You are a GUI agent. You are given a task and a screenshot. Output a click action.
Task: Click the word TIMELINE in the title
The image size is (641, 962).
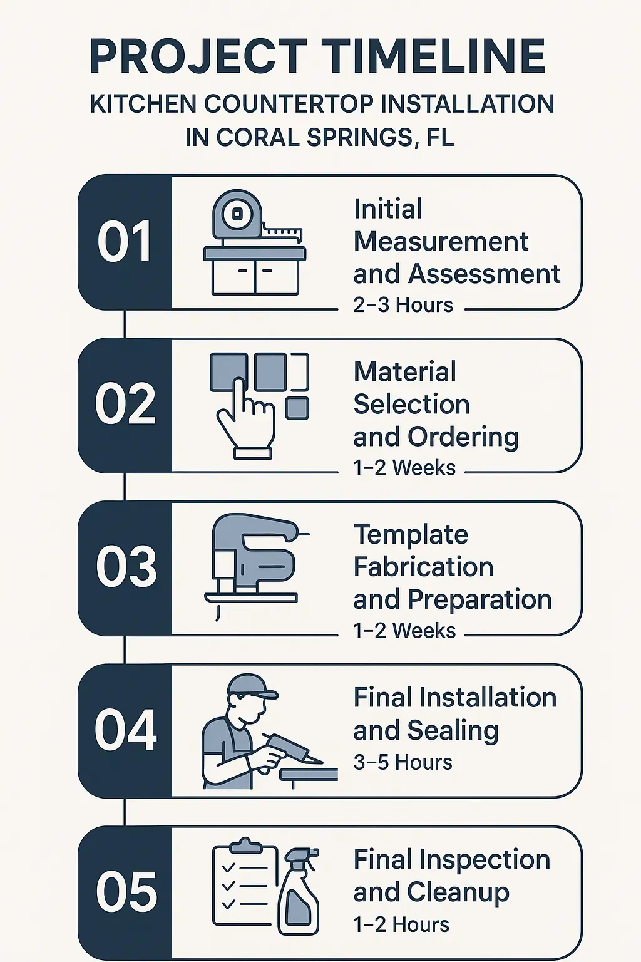(434, 56)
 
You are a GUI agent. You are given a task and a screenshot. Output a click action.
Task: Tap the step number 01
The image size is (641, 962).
(125, 242)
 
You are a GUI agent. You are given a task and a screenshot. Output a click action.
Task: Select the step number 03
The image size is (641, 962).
(126, 567)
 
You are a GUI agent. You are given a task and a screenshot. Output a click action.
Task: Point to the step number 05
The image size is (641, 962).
(126, 892)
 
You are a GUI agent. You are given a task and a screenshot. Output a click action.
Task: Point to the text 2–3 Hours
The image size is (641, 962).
(403, 305)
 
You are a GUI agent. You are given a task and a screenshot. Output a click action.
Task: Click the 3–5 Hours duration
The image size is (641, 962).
(403, 762)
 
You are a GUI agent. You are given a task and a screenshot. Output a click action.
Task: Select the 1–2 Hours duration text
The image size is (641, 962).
(401, 924)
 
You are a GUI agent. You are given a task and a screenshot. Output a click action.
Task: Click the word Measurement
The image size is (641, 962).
(441, 242)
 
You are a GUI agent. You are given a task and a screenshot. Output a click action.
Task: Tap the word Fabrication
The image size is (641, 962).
(423, 567)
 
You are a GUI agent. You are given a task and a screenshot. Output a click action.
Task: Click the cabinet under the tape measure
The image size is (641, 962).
(255, 276)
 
